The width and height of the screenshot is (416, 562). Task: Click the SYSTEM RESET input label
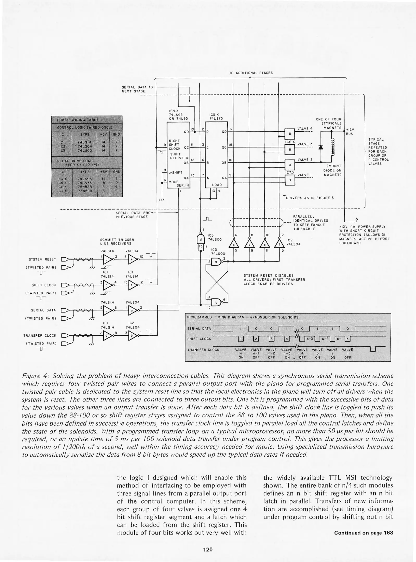(x=42, y=259)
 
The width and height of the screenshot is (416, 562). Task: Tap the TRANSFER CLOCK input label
(x=40, y=336)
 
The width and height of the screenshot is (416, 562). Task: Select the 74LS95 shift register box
(x=178, y=155)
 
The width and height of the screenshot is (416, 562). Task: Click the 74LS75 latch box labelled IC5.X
(x=216, y=155)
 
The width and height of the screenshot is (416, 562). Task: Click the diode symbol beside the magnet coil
(x=321, y=147)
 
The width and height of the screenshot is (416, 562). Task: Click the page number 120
(x=208, y=549)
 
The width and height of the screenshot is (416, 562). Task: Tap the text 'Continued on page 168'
(x=363, y=533)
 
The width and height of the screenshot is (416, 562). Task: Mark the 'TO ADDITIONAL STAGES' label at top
(x=251, y=73)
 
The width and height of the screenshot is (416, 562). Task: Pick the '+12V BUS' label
(x=350, y=132)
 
